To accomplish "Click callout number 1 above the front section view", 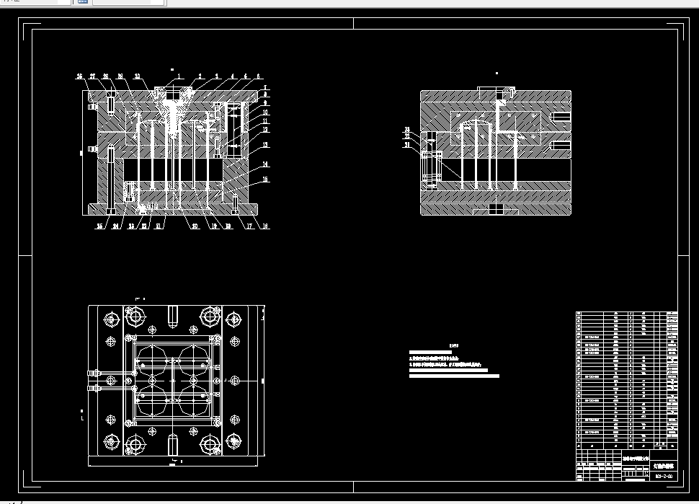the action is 180,76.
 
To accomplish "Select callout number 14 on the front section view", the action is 266,164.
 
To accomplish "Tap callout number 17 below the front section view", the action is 249,226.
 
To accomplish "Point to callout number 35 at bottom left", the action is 100,226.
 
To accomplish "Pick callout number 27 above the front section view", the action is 92,76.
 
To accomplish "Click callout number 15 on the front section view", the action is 266,179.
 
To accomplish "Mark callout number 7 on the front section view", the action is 266,87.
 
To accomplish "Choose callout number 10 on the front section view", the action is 266,112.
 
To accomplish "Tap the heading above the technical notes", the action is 453,345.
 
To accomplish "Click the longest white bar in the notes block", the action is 453,376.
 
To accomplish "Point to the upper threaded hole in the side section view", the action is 560,116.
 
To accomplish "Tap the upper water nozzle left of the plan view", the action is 92,373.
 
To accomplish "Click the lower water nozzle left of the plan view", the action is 92,388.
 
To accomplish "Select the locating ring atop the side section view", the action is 497,92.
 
